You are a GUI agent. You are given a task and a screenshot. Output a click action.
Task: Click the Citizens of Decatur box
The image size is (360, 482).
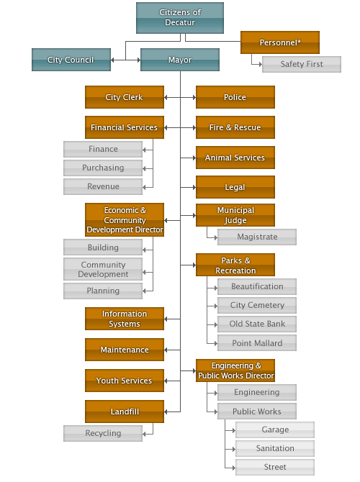[180, 18]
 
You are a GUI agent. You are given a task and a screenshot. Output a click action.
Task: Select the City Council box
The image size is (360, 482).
[71, 60]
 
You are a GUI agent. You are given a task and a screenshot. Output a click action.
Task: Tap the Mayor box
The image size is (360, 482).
[180, 60]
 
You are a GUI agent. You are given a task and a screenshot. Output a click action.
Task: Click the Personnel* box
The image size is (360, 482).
[280, 42]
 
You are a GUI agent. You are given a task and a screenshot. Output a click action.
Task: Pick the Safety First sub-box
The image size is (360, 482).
[302, 64]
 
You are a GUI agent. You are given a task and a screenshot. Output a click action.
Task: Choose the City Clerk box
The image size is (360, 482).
[125, 97]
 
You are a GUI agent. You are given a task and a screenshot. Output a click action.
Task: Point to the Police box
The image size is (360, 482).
[235, 97]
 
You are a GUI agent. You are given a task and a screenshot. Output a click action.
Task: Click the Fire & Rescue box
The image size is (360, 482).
[235, 127]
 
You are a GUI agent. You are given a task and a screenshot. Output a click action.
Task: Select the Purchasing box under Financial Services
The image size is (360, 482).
[103, 168]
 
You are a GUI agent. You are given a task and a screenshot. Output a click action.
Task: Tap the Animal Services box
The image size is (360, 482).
[235, 158]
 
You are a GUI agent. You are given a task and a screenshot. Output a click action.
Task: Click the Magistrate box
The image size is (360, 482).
[257, 237]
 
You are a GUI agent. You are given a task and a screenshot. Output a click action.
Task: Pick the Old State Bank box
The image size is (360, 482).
[257, 324]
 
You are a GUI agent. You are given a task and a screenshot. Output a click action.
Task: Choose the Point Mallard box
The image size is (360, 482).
[257, 342]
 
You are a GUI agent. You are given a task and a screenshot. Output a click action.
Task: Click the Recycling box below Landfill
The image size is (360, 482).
[103, 433]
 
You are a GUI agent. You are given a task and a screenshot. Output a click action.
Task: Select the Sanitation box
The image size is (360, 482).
[275, 448]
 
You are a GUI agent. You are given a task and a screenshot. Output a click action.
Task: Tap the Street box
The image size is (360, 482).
[275, 467]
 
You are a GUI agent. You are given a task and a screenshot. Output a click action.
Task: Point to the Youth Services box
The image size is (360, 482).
[125, 381]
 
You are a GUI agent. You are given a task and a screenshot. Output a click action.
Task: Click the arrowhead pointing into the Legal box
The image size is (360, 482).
[194, 187]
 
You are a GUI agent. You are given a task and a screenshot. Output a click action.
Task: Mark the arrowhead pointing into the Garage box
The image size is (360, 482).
[234, 431]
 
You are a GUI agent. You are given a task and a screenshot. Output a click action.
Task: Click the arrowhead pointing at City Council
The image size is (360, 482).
[112, 60]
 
